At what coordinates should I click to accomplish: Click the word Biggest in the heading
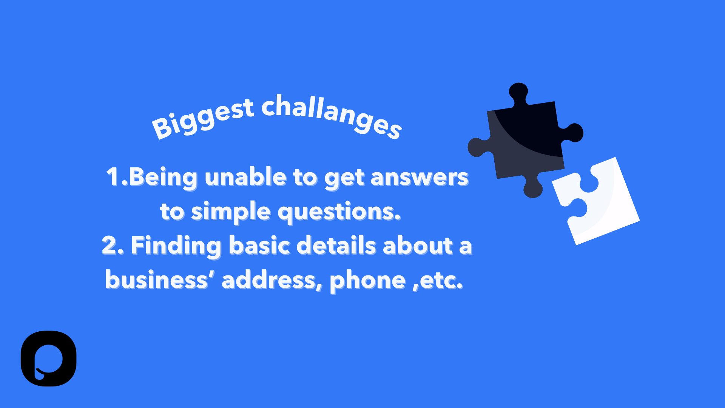(203, 118)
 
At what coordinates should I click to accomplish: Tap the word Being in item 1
(163, 178)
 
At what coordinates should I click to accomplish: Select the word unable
(246, 177)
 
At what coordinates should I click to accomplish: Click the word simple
(231, 212)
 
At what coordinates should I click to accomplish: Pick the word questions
(339, 212)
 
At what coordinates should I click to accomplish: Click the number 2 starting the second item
(110, 245)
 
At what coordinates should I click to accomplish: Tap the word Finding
(176, 246)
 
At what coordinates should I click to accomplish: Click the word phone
(367, 281)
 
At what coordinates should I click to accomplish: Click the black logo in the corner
(48, 359)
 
